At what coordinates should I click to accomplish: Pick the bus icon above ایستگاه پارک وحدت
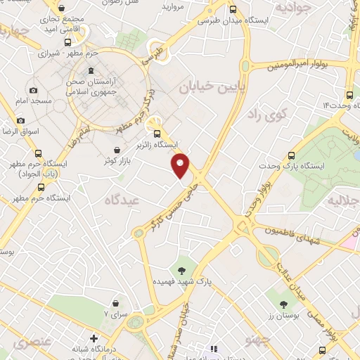click(291, 155)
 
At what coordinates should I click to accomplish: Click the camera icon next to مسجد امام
click(33, 90)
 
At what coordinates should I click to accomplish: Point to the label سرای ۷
click(115, 314)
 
